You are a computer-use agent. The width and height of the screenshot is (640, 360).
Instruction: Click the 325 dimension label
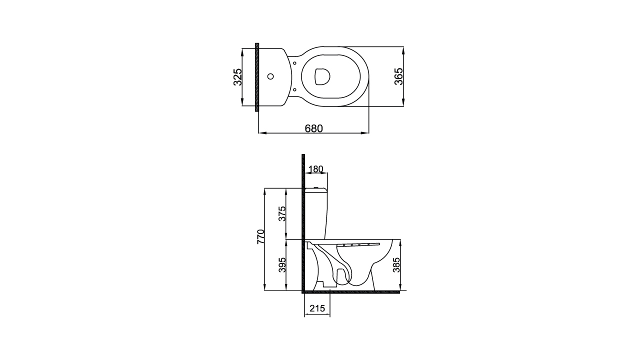point(237,77)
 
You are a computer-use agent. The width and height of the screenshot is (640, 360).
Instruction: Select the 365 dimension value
point(398,76)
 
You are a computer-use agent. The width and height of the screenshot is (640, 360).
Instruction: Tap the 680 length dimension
point(313,128)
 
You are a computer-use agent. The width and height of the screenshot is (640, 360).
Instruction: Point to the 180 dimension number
point(315,169)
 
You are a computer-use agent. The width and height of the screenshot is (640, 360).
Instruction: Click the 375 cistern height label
point(282,213)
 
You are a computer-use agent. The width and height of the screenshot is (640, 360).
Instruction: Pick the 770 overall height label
point(261,236)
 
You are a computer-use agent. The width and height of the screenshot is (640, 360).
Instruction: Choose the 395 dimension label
point(282,265)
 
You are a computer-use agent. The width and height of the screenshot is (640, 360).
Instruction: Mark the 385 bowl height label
point(396,265)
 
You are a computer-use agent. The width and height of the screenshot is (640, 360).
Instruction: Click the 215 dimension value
point(317,308)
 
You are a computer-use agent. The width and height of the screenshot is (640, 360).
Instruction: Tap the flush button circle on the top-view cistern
point(270,76)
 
